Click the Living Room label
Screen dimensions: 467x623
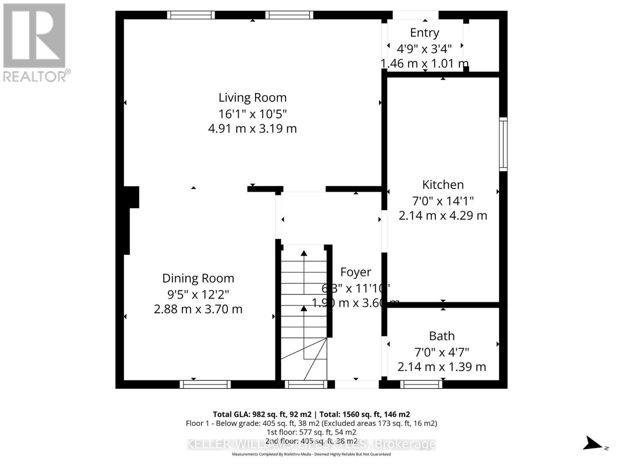252,97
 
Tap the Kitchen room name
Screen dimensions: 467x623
443,184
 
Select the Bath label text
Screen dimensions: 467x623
442,336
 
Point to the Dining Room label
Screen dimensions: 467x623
198,278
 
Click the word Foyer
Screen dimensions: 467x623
355,272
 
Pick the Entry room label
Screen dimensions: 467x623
424,33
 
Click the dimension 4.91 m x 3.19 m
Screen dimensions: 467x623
252,128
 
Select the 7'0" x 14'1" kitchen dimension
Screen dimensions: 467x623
443,201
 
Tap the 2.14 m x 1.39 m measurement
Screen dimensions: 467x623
442,367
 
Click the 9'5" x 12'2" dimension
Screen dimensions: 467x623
198,294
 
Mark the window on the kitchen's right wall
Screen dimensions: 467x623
503,144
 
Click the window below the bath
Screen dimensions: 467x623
421,384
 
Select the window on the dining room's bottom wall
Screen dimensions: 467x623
205,384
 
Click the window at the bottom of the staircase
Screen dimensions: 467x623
306,384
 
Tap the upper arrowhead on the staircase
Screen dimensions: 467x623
304,253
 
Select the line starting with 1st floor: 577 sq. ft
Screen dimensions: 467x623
311,432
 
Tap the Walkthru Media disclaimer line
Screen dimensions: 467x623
311,454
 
